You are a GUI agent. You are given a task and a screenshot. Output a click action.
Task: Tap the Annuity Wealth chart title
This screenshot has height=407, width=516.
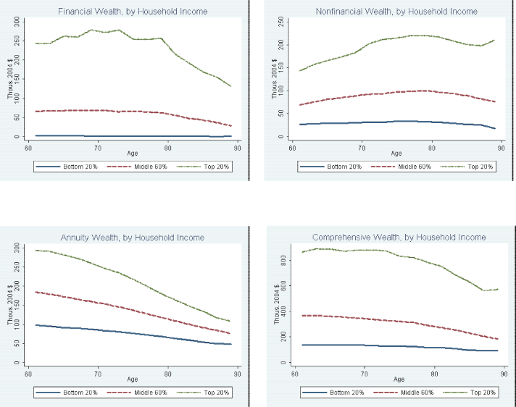tap(132, 238)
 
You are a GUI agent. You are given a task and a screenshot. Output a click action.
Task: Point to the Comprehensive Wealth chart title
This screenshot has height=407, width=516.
tap(399, 238)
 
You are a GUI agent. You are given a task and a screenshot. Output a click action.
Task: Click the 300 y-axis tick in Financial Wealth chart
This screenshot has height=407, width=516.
tap(17, 21)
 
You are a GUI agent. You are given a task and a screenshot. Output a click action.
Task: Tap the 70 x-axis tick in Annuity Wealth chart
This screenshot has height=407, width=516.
tap(97, 374)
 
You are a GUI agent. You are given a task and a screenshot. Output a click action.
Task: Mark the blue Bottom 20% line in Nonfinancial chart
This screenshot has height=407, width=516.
tap(399, 122)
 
